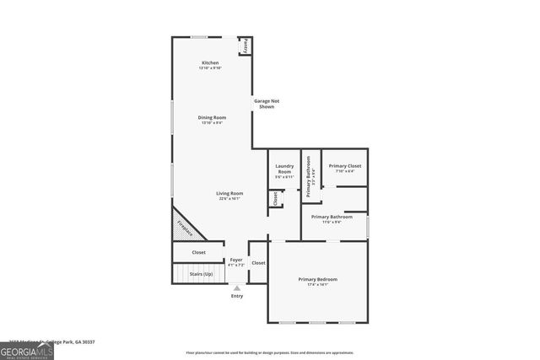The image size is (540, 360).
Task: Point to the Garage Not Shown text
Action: (x=267, y=104)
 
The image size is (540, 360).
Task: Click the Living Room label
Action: (x=230, y=195)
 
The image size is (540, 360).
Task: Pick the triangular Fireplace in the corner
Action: (x=183, y=225)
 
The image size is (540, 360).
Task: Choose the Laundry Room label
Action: (x=284, y=170)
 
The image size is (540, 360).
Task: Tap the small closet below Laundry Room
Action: (x=274, y=199)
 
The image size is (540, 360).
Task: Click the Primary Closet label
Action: (x=344, y=167)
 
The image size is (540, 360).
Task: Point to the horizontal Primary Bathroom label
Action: (x=332, y=218)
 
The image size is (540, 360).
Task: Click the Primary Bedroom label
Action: (x=317, y=281)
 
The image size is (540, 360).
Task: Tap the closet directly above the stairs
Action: (x=199, y=252)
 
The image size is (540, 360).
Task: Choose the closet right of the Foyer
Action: (x=258, y=263)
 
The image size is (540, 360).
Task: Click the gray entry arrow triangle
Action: (x=236, y=288)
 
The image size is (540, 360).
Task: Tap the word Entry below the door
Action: (x=236, y=297)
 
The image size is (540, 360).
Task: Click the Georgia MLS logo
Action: (x=27, y=350)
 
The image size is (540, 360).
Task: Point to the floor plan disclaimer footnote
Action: (x=269, y=352)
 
